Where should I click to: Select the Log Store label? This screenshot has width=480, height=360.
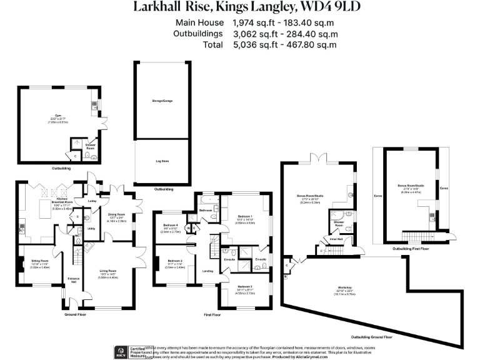tap(162, 161)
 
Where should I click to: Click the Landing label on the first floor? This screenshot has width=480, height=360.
tap(208, 271)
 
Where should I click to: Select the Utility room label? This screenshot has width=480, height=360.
tap(91, 229)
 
